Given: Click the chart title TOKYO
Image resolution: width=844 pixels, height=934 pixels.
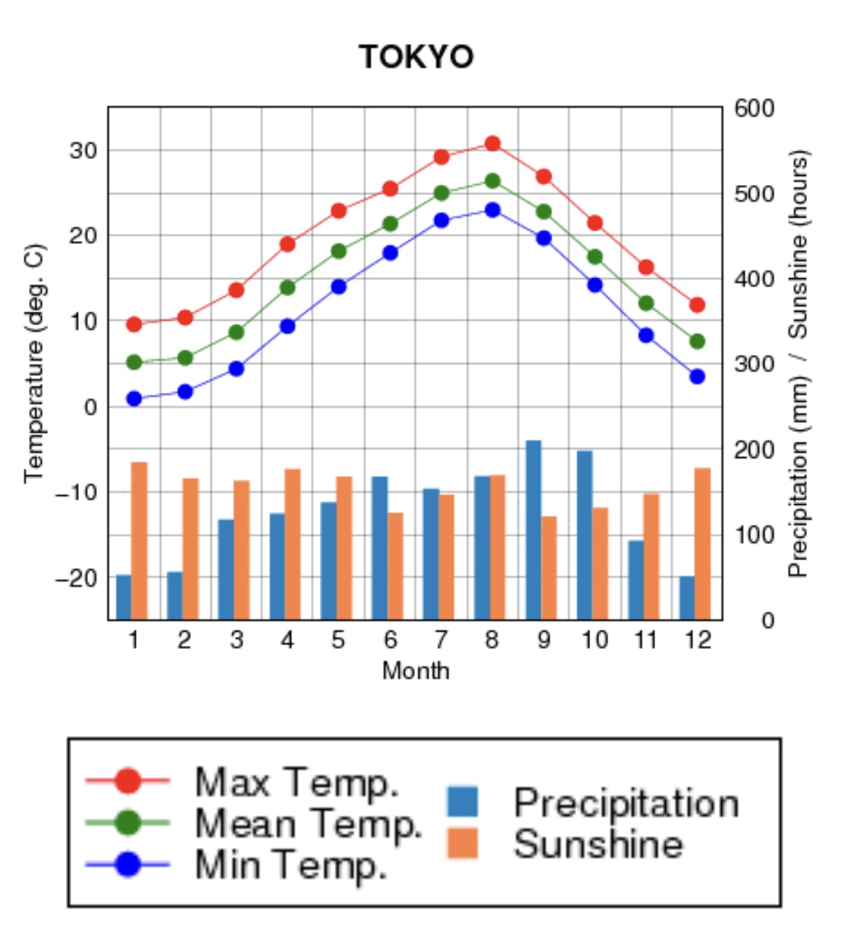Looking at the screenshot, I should click(x=416, y=57).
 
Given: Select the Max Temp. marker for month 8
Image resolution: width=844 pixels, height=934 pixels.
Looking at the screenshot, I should click(x=493, y=143).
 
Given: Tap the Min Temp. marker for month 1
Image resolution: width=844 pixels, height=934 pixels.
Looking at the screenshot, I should click(x=134, y=399).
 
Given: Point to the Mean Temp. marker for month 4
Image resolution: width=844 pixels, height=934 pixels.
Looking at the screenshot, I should click(x=287, y=287).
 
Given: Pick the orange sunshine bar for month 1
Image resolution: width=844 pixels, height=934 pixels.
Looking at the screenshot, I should click(x=140, y=540).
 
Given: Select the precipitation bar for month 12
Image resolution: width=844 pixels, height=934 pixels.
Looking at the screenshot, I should click(x=687, y=597).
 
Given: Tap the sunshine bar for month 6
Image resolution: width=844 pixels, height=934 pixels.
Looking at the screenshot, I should click(x=396, y=566).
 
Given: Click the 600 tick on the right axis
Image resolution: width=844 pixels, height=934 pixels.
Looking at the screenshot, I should click(x=754, y=108).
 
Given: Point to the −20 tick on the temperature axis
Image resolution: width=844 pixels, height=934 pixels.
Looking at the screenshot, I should click(x=77, y=578).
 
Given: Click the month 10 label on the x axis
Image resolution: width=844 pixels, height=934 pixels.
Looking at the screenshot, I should click(x=595, y=641).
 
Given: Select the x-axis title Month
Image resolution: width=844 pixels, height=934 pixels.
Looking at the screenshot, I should click(x=416, y=671).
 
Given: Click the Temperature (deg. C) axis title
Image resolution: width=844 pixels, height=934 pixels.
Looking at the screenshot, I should click(x=35, y=363).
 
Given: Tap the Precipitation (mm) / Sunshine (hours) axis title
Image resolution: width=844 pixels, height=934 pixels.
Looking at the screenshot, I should click(x=799, y=363).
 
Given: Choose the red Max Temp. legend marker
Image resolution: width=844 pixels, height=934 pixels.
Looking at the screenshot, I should click(x=128, y=781).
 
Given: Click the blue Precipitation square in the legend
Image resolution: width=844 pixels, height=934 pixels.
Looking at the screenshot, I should click(x=463, y=802).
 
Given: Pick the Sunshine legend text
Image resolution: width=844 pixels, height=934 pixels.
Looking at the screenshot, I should click(x=598, y=845).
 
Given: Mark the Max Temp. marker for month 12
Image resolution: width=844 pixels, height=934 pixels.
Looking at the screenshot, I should click(x=698, y=305).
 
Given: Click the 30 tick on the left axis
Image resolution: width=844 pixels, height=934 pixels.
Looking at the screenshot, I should click(x=83, y=150).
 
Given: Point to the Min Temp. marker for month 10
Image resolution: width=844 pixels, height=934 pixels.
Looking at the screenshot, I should click(x=595, y=285).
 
